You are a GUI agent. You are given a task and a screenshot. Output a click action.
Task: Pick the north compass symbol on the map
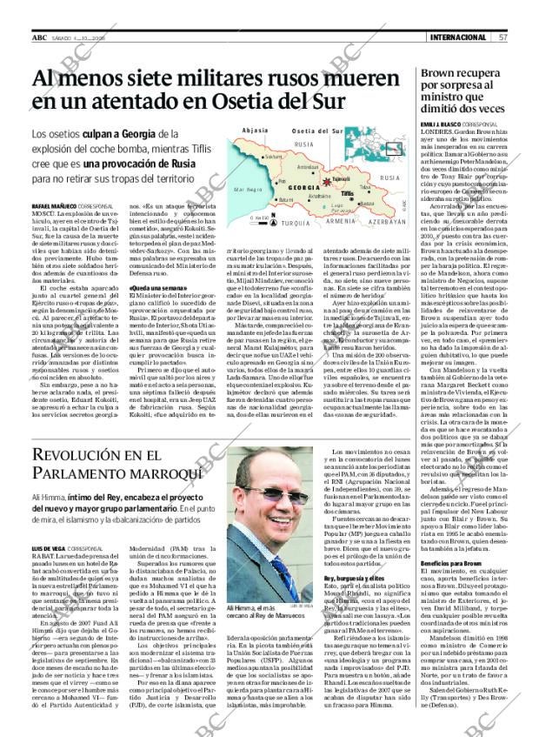273,215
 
